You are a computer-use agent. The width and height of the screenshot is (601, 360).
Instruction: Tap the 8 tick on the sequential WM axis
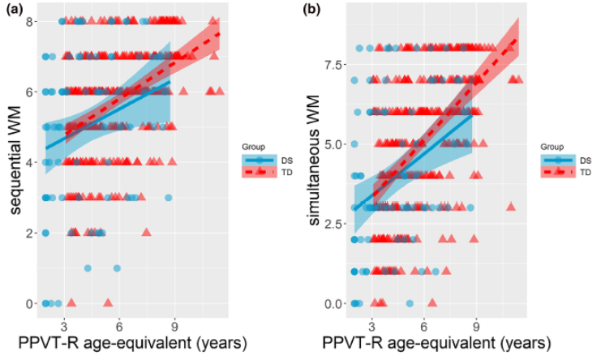pos(30,21)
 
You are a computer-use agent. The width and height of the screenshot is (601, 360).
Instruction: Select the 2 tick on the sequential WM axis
pos(30,233)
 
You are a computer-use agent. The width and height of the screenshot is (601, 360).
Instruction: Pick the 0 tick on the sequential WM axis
pos(30,303)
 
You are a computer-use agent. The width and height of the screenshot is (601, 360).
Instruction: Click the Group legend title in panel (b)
pos(552,146)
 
